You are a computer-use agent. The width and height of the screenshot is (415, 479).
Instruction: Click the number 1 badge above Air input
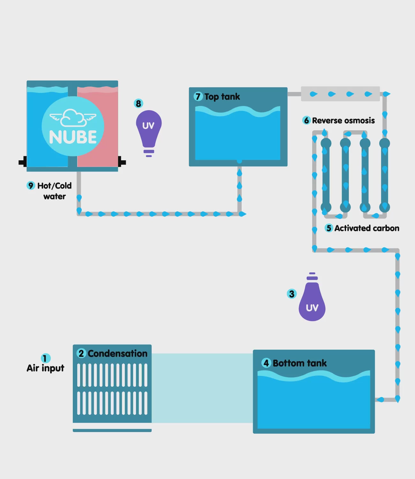tap(45, 358)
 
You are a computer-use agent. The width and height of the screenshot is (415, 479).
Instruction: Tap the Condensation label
tap(117, 354)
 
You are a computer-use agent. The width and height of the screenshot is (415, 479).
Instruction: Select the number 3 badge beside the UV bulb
tap(291, 294)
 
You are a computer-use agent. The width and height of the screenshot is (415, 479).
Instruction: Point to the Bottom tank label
tap(299, 363)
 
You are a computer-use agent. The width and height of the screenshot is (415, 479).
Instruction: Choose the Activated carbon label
tap(366, 228)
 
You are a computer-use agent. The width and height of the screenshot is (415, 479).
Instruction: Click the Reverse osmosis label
tap(343, 120)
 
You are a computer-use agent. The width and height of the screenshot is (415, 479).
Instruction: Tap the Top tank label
tap(222, 96)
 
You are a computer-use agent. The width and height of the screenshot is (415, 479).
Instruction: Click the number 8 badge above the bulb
tap(138, 103)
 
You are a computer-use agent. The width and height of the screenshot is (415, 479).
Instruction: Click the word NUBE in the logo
tap(73, 137)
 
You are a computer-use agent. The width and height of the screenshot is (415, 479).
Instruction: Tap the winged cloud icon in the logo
tap(73, 118)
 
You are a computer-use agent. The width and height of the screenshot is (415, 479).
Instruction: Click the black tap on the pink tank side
tap(122, 162)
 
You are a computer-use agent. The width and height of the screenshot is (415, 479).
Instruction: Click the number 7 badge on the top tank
tap(198, 96)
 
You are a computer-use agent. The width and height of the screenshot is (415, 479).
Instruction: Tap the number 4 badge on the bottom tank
tap(266, 363)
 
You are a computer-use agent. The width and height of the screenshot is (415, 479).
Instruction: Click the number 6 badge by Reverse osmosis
tap(306, 120)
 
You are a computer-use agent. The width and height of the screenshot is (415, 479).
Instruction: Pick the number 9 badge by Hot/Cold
tap(31, 186)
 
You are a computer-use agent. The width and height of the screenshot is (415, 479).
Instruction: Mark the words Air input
tap(45, 368)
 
